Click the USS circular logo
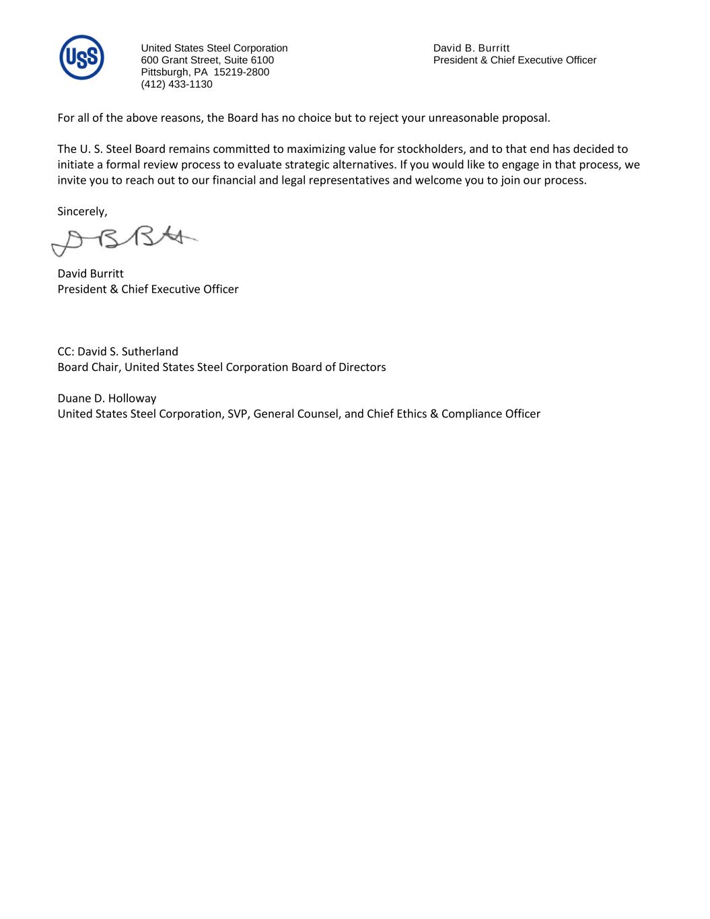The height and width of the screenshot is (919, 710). pyautogui.click(x=81, y=57)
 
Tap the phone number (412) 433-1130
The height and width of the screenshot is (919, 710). pyautogui.click(x=176, y=84)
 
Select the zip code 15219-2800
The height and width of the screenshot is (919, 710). pyautogui.click(x=241, y=72)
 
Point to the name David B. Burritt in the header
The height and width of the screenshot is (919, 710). pyautogui.click(x=471, y=48)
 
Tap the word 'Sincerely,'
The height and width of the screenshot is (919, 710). pyautogui.click(x=82, y=211)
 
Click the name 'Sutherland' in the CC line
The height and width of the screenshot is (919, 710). pyautogui.click(x=150, y=351)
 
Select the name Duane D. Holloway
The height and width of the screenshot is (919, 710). pyautogui.click(x=106, y=398)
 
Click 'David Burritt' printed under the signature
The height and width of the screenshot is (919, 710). pyautogui.click(x=90, y=273)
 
